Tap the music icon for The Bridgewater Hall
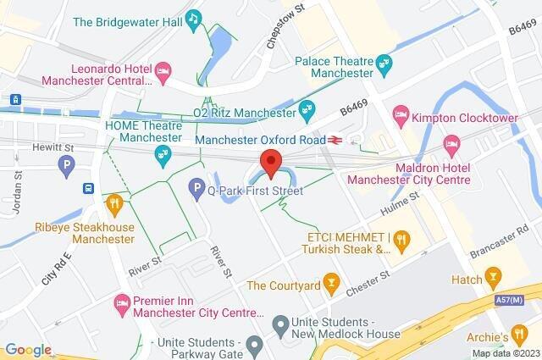194,18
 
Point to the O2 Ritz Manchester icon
306,109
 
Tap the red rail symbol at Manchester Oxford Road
336,140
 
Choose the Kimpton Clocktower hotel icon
401,113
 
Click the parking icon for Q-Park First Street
196,186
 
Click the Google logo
27,350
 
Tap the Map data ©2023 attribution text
505,353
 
